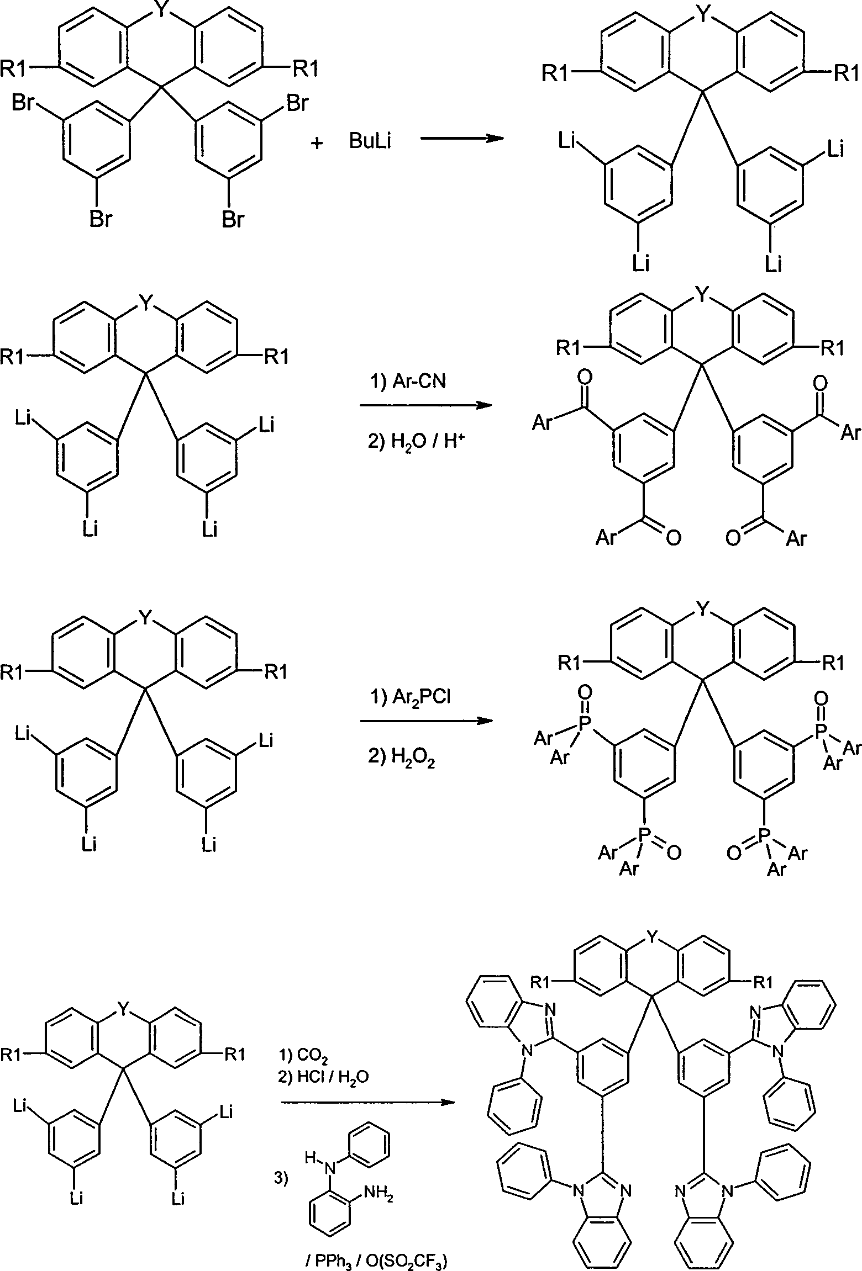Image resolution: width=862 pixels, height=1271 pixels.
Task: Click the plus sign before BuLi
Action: [317, 143]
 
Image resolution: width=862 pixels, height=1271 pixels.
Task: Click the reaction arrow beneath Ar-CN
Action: [426, 405]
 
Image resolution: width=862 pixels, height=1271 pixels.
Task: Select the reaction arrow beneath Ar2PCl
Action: [426, 721]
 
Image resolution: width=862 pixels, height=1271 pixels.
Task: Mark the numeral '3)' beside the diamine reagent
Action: [282, 1178]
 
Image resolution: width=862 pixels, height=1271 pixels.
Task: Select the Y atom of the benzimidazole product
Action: [654, 935]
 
